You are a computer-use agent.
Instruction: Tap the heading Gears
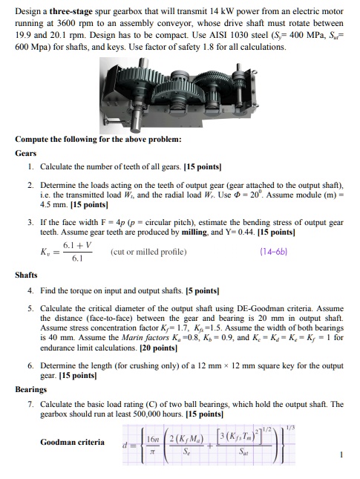[x=26, y=153]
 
